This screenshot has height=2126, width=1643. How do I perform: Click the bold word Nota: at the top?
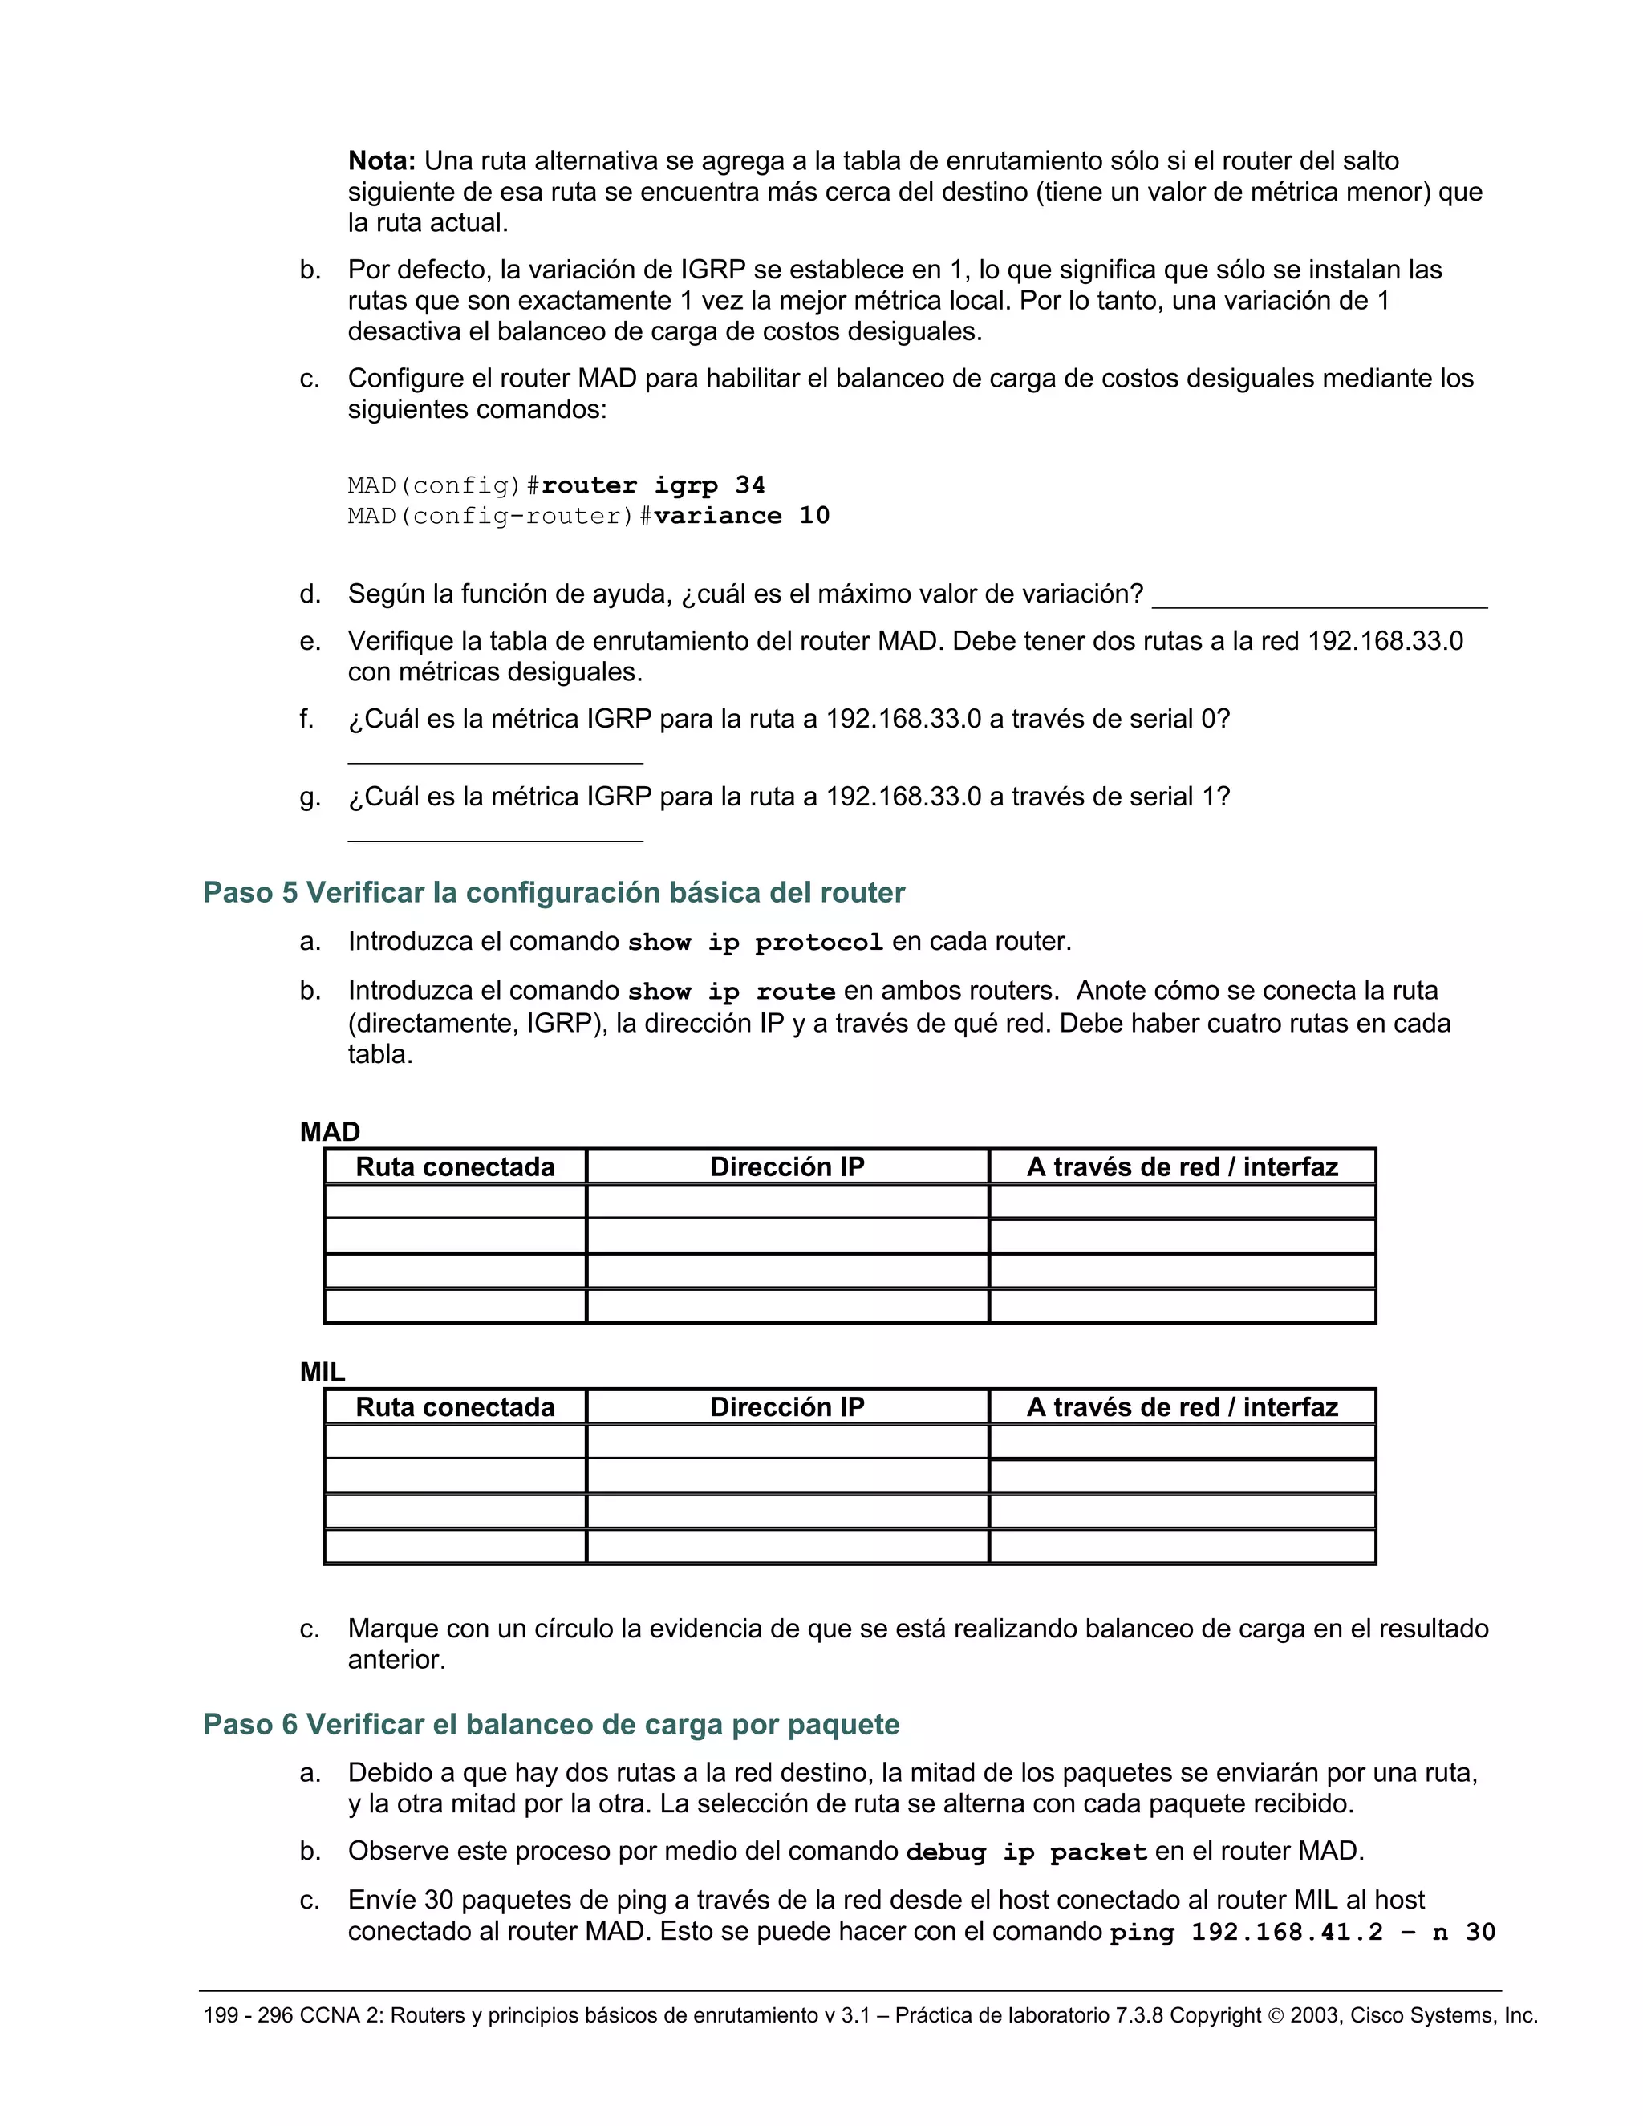[x=382, y=160]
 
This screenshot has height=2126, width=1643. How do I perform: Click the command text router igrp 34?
[x=652, y=485]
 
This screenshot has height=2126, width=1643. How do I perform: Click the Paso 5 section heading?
[x=553, y=893]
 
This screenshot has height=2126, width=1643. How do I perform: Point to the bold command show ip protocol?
[x=755, y=943]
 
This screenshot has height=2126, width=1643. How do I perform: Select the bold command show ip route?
[x=731, y=992]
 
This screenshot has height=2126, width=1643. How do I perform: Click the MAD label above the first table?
[x=330, y=1131]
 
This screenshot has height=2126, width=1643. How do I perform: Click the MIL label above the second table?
[x=323, y=1372]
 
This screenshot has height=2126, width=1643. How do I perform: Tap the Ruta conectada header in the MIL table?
[x=455, y=1408]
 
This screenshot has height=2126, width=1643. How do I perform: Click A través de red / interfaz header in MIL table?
[x=1182, y=1408]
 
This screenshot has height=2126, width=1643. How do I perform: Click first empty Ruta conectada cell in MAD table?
[x=455, y=1201]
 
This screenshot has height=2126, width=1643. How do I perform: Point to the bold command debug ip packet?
[x=1026, y=1852]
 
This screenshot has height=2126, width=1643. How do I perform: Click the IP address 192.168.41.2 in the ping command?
[x=1287, y=1933]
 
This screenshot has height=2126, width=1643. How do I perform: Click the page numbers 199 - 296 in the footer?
[x=247, y=2016]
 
